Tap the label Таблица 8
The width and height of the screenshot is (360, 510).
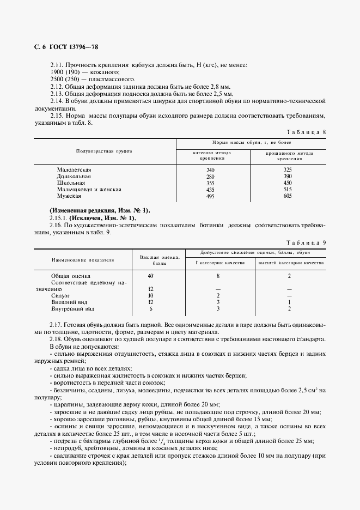tap(306, 132)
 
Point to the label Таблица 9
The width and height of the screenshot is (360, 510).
tap(306, 241)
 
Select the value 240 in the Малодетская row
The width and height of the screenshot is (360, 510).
tap(211, 170)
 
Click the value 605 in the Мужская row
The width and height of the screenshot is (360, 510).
tap(288, 196)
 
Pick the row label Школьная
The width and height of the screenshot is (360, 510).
tap(71, 183)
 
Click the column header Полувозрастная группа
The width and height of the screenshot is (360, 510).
tap(103, 150)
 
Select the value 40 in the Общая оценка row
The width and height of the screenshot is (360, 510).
tap(151, 276)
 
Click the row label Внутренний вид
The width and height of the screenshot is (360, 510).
tap(69, 309)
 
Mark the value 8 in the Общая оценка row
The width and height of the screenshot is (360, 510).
tap(218, 276)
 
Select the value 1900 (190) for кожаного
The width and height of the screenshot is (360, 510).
tap(63, 72)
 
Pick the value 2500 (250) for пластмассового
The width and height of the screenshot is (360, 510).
tap(63, 80)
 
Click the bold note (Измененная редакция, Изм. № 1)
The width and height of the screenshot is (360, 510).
tap(100, 210)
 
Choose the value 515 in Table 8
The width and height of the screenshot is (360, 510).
tap(288, 190)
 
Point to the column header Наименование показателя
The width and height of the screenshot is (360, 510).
tap(83, 260)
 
